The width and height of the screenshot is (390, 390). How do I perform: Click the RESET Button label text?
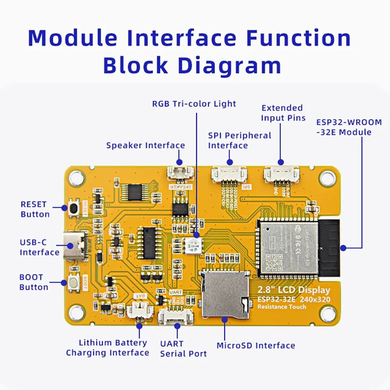(35, 209)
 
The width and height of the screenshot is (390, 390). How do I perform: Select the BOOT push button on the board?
(75, 282)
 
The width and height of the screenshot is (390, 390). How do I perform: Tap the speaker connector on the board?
(179, 172)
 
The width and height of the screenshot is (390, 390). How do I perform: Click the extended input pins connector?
(281, 173)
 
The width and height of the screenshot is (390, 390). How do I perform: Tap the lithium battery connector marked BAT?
(139, 311)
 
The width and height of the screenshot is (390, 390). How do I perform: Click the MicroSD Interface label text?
(256, 346)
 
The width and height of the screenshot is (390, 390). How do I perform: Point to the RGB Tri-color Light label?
(194, 104)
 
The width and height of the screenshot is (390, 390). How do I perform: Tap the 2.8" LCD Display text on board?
(293, 291)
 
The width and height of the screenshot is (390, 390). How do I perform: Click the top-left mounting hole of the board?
(76, 178)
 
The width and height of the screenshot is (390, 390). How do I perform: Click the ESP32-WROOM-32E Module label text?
(349, 127)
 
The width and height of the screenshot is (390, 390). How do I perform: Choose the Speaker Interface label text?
(145, 145)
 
